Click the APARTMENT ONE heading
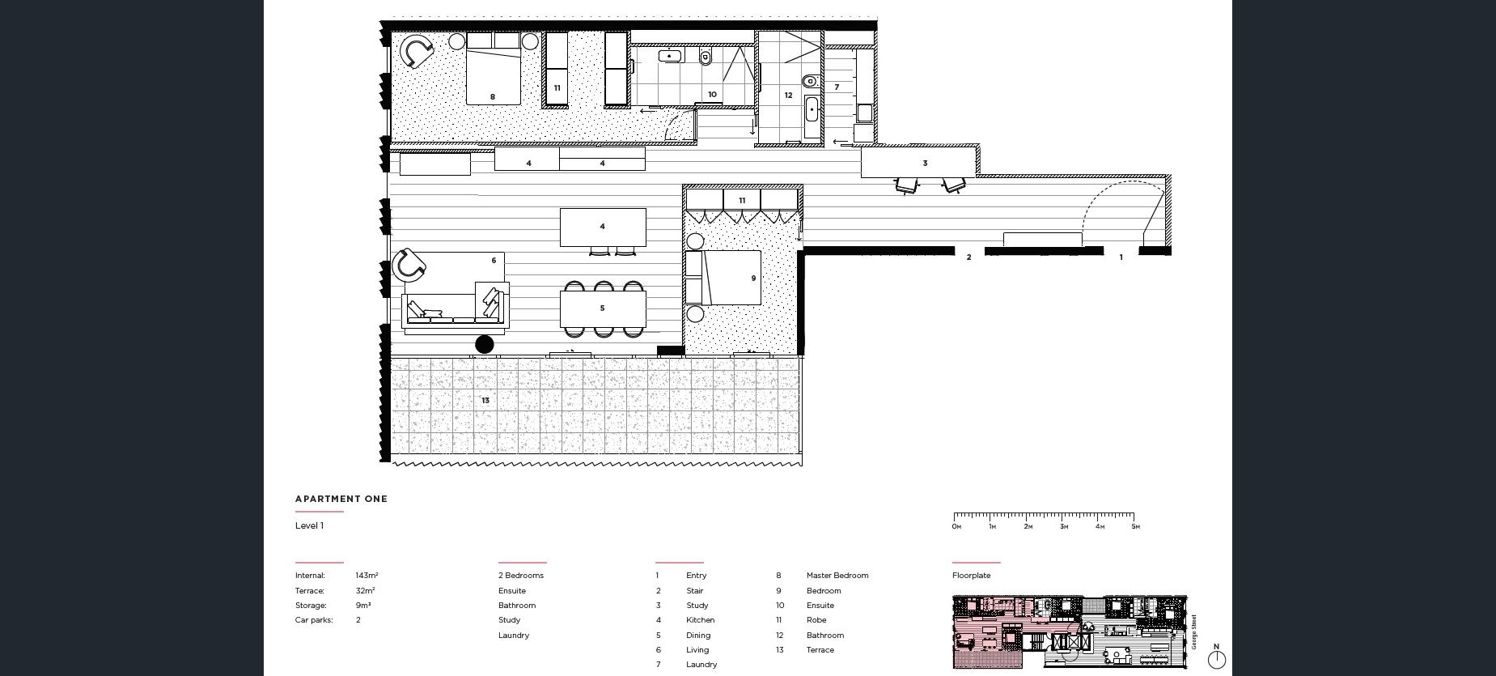341,499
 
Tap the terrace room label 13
485,401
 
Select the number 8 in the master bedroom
493,97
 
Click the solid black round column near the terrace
484,345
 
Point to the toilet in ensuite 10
705,57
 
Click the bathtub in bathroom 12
812,117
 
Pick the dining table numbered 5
603,308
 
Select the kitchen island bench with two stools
603,227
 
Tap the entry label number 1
1121,257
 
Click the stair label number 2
968,257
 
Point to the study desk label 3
925,164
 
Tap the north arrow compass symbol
1216,658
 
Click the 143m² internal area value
367,576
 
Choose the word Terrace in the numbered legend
820,650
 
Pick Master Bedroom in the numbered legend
837,576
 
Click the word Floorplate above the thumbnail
971,576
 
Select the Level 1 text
309,525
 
